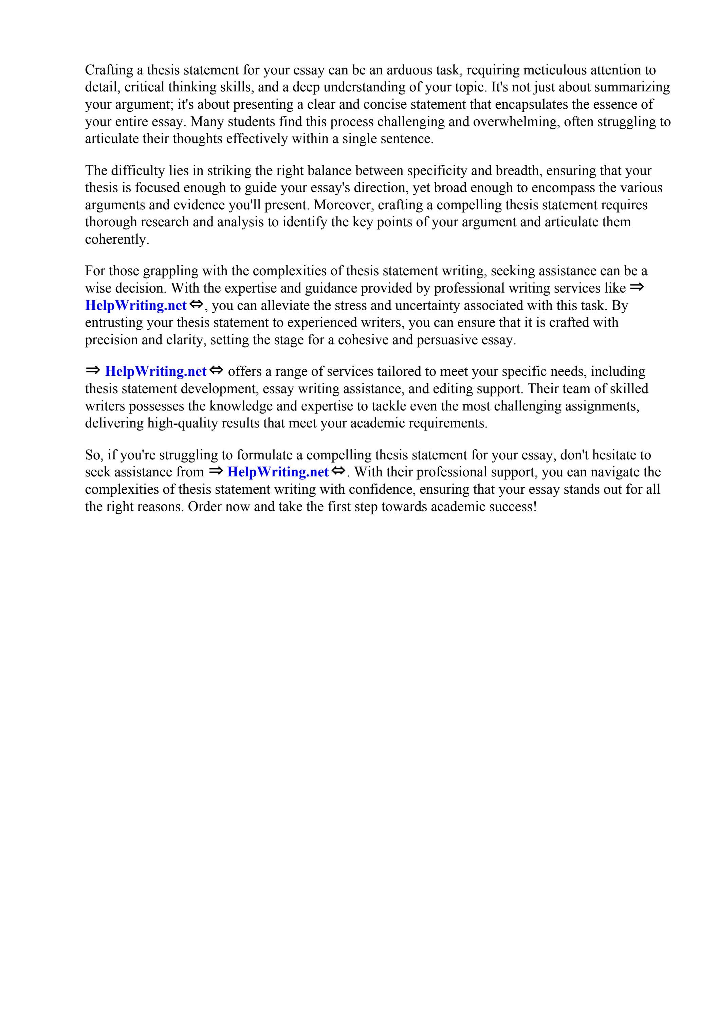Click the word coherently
pos(117,240)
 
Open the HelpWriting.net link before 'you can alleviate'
pos(136,305)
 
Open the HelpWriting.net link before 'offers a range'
pos(156,371)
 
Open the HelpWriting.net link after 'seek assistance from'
pos(278,472)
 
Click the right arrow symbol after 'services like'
pos(637,287)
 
